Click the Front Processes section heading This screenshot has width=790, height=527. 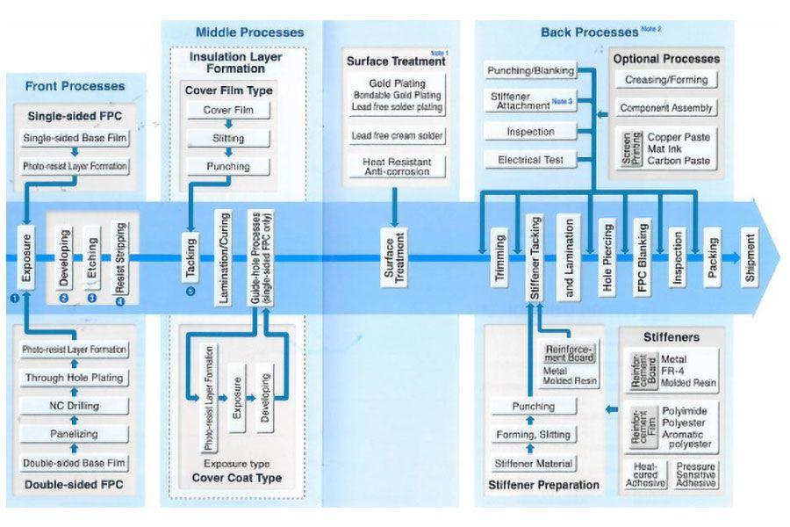click(75, 86)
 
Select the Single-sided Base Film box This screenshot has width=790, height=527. click(75, 139)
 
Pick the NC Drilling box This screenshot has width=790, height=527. click(75, 406)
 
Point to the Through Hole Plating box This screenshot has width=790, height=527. click(75, 378)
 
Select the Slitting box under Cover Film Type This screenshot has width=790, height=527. click(228, 138)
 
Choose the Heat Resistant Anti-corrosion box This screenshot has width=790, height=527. click(398, 166)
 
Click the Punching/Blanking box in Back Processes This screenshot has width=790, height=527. click(530, 70)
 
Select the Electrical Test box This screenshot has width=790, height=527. click(530, 160)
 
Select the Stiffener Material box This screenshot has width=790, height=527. click(534, 463)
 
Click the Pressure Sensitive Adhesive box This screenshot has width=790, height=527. click(695, 475)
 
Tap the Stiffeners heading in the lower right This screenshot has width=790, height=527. click(671, 336)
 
